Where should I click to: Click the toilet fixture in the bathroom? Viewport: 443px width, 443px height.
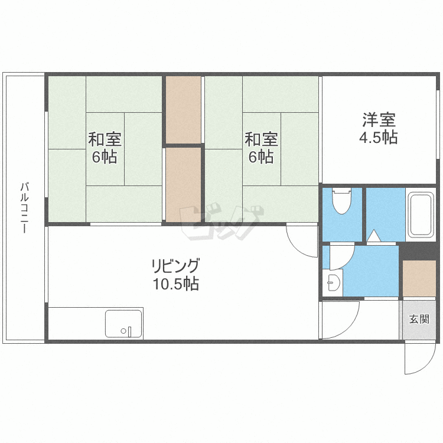341,201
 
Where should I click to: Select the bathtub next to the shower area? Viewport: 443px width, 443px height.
421,215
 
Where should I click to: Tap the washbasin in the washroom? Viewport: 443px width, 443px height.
332,282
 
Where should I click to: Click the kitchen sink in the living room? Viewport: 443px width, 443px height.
123,324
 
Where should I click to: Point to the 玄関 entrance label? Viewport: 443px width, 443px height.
419,319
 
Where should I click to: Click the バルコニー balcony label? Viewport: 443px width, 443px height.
25,208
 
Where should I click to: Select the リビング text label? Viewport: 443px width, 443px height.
175,265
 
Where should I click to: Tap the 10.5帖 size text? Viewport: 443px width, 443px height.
176,284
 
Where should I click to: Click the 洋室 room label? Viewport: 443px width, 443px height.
379,119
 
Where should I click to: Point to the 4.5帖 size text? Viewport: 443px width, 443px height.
378,137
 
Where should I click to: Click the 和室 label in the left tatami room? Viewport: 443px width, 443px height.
105,139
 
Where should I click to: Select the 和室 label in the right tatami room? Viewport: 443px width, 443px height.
261,139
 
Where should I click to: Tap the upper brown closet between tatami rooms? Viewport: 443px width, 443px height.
183,110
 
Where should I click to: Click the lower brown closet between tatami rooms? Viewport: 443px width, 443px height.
183,185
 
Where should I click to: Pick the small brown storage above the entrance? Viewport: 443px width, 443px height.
419,279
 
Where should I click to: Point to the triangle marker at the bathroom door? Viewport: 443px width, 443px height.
374,236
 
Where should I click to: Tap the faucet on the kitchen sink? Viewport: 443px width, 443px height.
130,332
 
